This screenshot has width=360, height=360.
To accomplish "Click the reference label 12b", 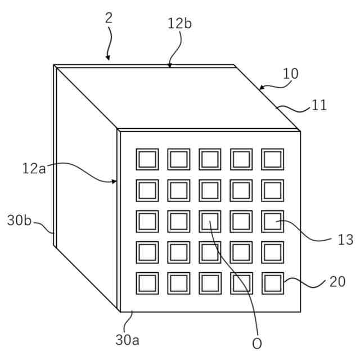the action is click(179, 24).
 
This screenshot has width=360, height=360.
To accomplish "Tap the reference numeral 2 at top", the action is click(109, 17).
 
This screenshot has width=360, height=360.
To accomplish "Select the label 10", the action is click(290, 74).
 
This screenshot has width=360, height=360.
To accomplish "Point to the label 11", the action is click(319, 105).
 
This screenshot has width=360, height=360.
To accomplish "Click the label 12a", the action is click(33, 168).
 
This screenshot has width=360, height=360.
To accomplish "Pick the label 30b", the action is click(19, 220).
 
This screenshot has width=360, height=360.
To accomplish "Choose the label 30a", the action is click(128, 340).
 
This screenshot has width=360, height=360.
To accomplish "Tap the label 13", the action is click(345, 240).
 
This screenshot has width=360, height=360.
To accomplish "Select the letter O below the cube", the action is click(256, 343).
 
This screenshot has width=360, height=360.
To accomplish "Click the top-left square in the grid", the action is click(147, 159).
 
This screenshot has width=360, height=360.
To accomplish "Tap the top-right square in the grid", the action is click(273, 159).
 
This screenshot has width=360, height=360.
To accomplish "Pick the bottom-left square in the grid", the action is click(147, 282).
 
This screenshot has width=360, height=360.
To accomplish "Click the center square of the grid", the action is click(210, 221).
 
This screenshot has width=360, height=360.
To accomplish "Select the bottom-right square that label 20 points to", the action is click(273, 282).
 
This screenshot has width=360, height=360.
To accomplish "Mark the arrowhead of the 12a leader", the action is click(115, 182).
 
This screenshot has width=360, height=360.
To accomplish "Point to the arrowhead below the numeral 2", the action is click(108, 57).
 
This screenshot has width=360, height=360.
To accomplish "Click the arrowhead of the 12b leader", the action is click(169, 65).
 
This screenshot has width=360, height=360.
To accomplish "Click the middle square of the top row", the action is click(210, 159).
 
